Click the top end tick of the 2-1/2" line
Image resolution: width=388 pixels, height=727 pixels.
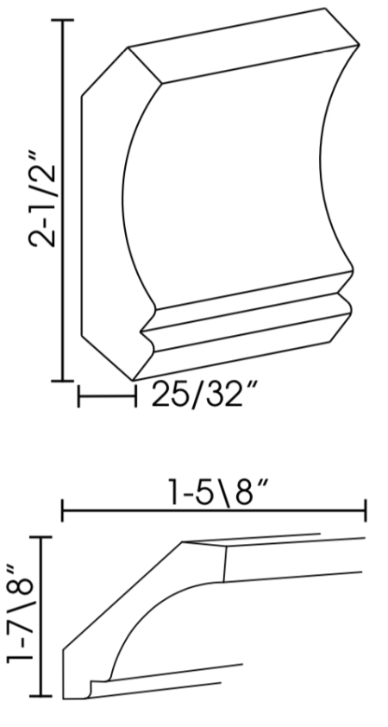[62, 20]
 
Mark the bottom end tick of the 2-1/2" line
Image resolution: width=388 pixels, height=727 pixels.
[62, 380]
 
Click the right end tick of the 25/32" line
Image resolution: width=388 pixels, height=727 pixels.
[135, 397]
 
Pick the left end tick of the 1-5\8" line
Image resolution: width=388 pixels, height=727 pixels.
[62, 511]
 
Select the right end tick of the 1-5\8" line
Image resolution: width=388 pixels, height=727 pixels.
[366, 511]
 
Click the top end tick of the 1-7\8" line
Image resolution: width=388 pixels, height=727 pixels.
[41, 536]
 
